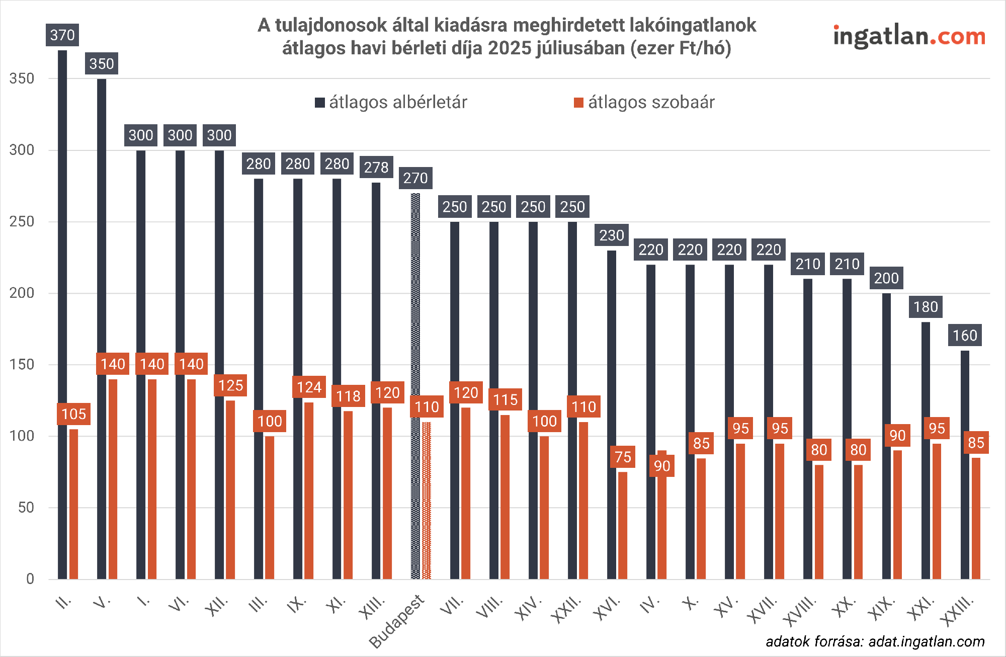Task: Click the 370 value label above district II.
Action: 62,35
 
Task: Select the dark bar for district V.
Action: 102,327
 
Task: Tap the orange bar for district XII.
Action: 230,488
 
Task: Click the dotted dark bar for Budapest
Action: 415,387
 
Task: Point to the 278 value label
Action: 376,167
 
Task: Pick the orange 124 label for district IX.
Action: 309,387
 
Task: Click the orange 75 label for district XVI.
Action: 623,457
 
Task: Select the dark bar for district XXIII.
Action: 965,463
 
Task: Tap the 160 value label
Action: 965,336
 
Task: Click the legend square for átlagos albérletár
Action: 319,103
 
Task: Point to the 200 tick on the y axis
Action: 22,293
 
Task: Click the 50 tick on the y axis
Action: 26,508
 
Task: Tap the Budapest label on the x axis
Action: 397,621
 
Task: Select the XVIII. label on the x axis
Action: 800,611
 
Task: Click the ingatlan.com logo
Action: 909,37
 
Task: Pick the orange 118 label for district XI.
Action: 348,396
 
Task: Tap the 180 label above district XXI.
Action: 926,307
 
